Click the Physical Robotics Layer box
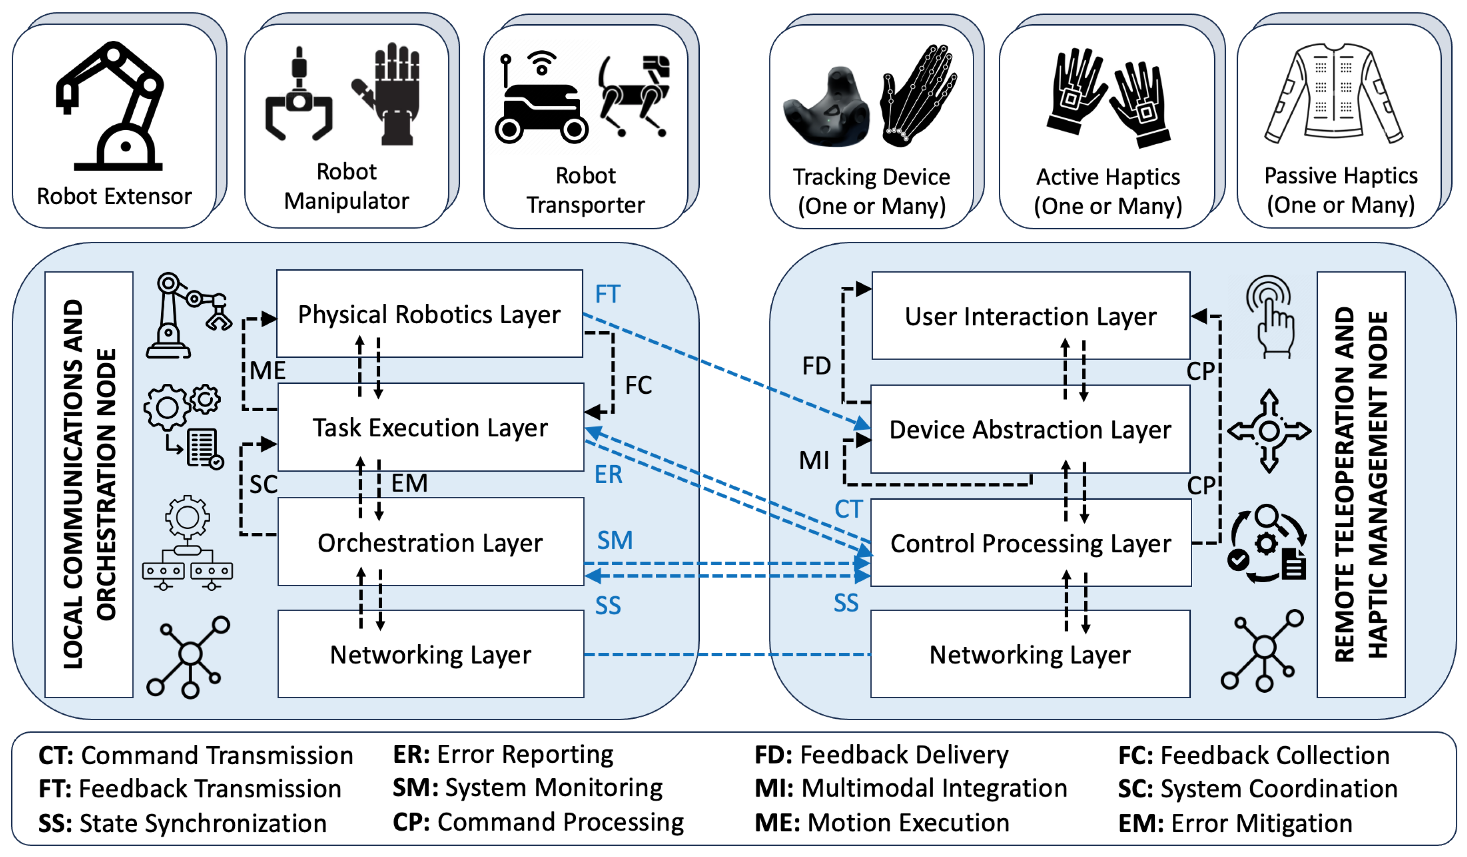[x=429, y=314]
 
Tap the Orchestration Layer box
[x=430, y=542]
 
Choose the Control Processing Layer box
[x=1030, y=543]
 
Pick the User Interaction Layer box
[x=1030, y=316]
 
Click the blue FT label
[x=608, y=294]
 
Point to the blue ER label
[x=608, y=474]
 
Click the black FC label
[x=638, y=385]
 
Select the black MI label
[x=814, y=460]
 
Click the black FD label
[x=816, y=366]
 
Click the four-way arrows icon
[x=1268, y=431]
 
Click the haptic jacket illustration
[x=1333, y=93]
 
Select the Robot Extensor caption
[x=114, y=196]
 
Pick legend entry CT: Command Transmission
[x=195, y=755]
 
